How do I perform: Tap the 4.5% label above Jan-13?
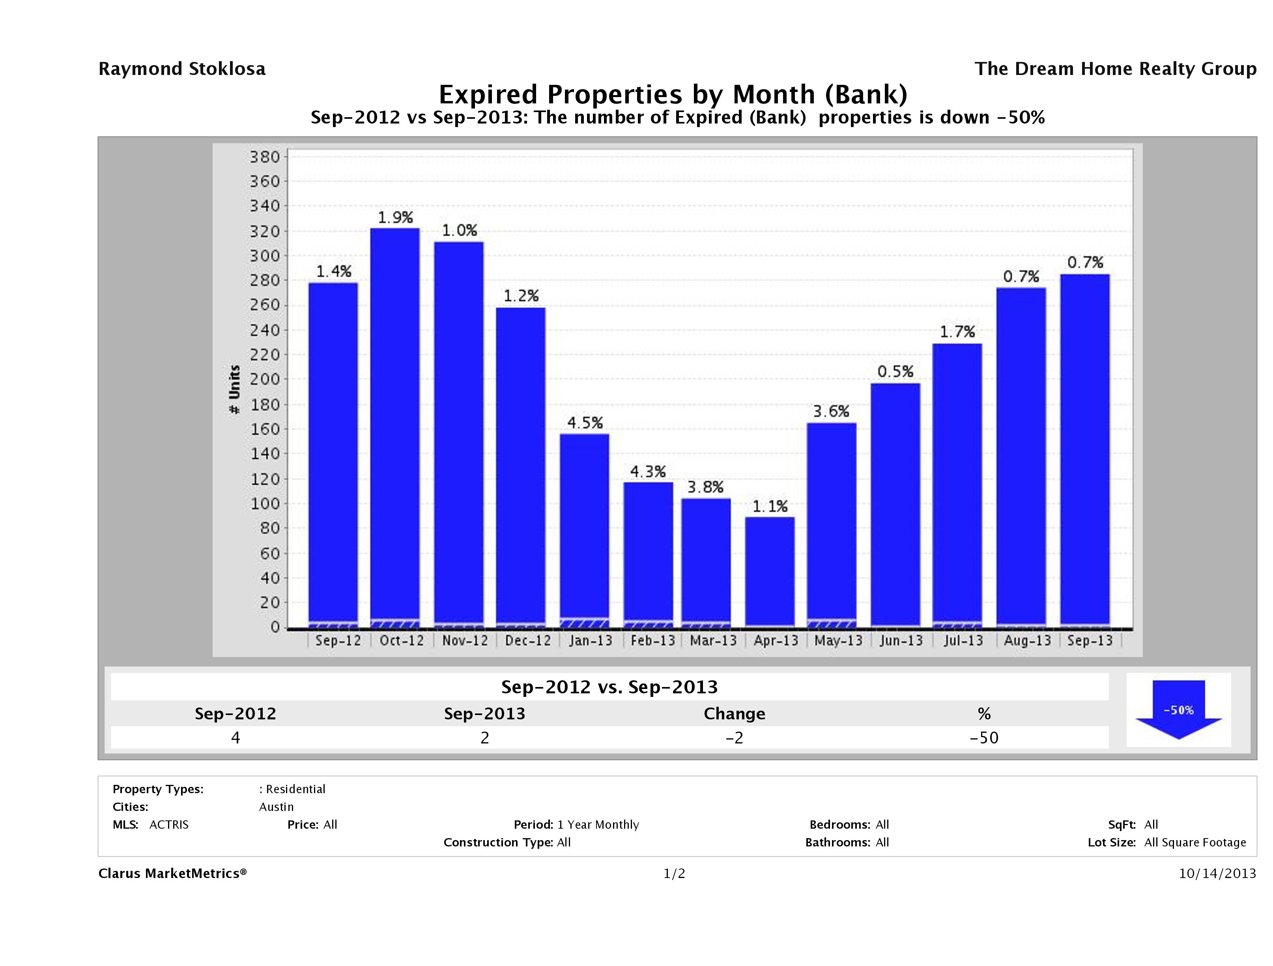tap(585, 423)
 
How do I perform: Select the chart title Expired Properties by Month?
tap(673, 94)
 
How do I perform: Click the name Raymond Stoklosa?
tap(182, 69)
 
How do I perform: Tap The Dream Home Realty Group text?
tap(1115, 69)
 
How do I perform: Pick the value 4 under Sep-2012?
tap(236, 738)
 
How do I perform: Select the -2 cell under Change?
tap(735, 738)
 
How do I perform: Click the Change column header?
tap(735, 714)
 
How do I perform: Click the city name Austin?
tap(276, 807)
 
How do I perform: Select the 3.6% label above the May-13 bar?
tap(831, 412)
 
